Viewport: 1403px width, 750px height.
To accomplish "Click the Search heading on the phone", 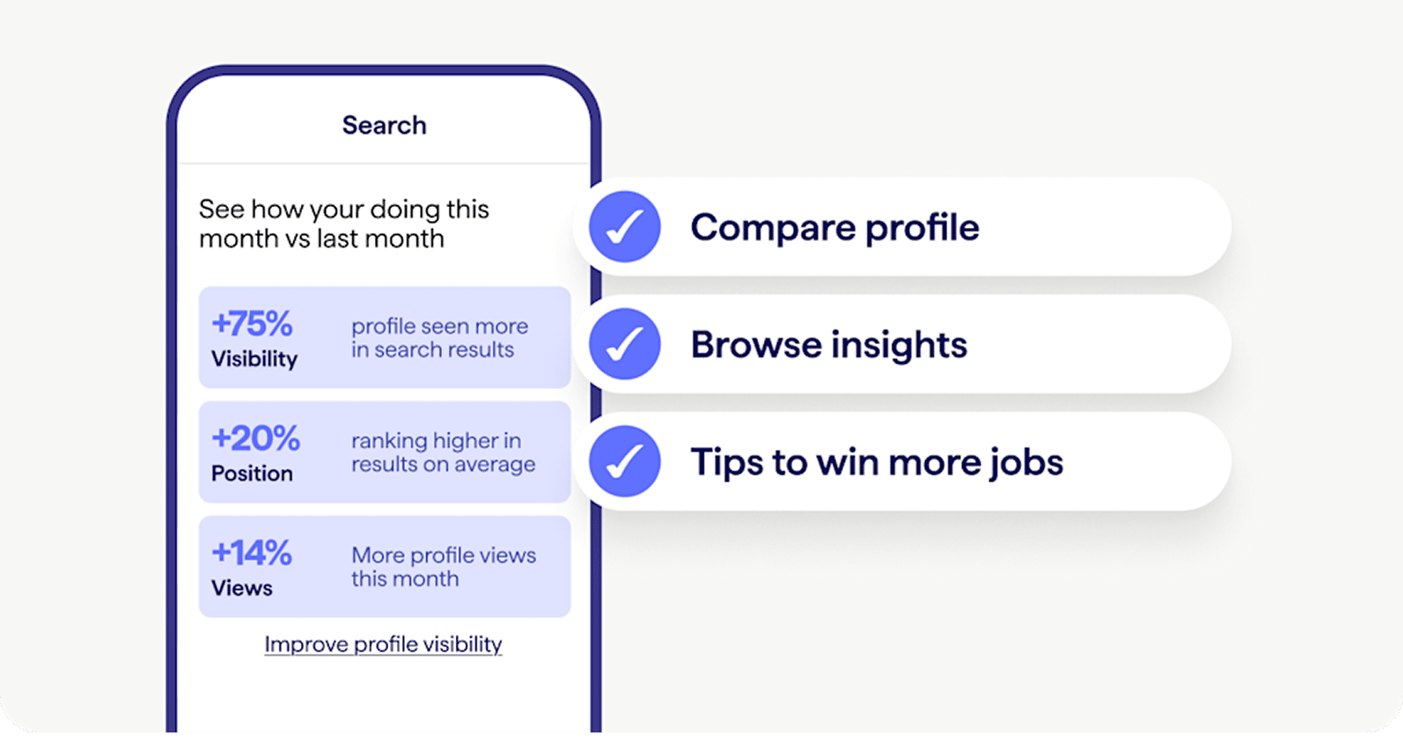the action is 384,125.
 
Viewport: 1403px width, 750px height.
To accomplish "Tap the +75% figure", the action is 252,324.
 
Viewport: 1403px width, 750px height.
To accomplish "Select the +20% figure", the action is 255,438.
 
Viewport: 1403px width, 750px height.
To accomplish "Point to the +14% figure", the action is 252,553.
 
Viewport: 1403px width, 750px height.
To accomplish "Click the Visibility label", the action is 254,359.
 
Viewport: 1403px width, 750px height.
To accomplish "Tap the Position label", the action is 252,473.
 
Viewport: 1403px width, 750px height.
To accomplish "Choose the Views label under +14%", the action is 242,588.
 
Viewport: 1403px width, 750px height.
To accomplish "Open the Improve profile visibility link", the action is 384,644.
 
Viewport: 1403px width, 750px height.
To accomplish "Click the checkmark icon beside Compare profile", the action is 624,226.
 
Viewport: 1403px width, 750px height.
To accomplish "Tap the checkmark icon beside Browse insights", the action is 624,344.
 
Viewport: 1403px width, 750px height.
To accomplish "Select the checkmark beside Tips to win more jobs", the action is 624,461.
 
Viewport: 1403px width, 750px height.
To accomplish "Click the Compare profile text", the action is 835,227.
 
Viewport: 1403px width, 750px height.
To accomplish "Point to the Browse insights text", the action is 829,344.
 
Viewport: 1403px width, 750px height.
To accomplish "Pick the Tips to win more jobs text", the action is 877,462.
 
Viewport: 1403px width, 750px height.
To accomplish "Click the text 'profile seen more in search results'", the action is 440,338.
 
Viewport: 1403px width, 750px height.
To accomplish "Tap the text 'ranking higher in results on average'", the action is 443,452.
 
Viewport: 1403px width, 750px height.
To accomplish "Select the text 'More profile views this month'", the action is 444,567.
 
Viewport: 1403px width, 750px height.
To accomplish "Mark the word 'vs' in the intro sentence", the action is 297,239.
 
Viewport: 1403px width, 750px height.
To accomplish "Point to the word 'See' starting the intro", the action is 222,210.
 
